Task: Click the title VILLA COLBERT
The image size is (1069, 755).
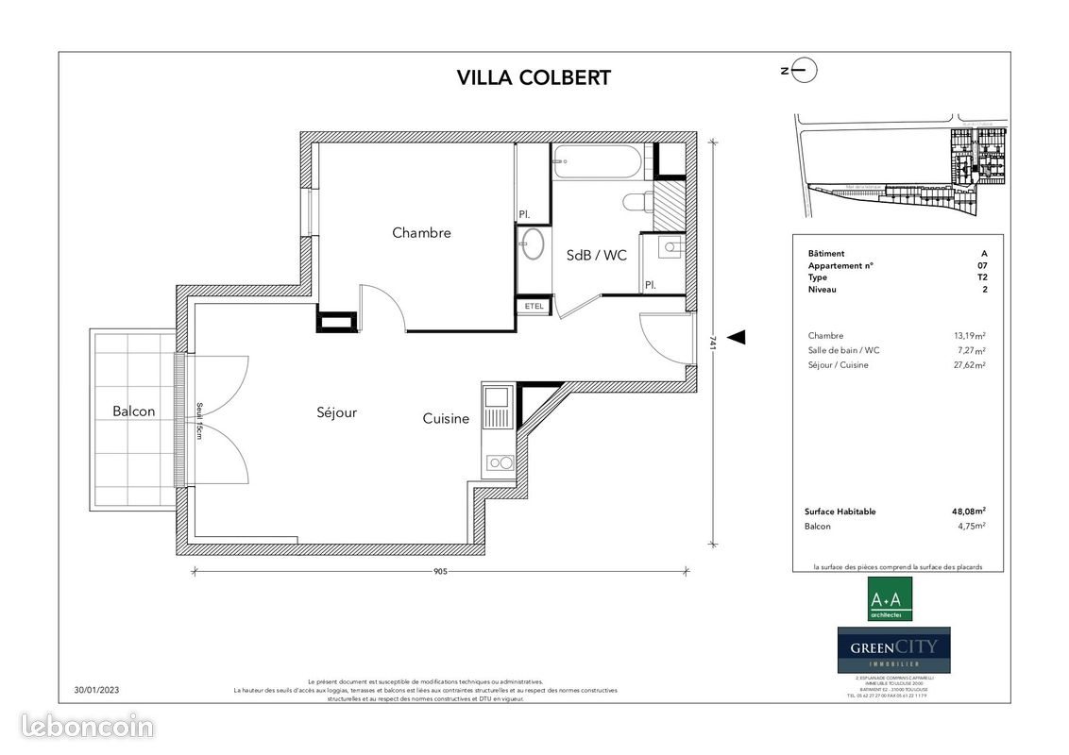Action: pos(534,77)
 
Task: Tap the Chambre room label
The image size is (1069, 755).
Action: pos(421,233)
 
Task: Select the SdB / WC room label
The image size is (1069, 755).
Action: pos(596,255)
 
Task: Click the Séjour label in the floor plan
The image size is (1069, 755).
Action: pos(336,412)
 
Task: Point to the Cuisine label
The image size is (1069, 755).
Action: pos(446,419)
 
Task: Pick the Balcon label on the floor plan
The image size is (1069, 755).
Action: pos(133,411)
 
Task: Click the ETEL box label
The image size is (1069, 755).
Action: pos(534,306)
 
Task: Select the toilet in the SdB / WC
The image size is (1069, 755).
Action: pos(635,200)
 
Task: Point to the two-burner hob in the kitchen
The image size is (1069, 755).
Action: pos(499,462)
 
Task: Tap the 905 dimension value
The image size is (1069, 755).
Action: pos(440,571)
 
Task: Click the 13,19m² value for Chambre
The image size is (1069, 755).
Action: pos(969,336)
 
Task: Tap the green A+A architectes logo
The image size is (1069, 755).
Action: pos(890,598)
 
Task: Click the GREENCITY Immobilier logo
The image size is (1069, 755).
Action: pos(893,650)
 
